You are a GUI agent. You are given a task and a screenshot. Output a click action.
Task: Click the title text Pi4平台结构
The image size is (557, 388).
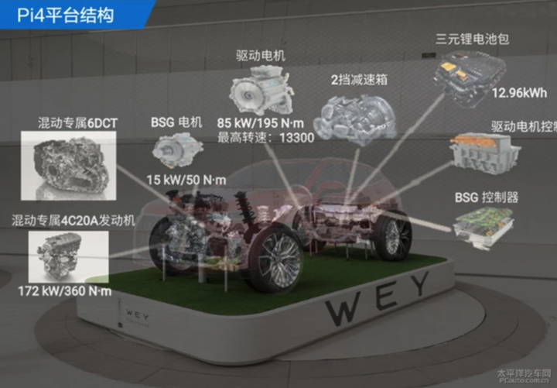coord(65,15)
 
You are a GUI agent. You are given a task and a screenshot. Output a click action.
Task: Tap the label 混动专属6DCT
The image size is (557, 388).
coord(78,123)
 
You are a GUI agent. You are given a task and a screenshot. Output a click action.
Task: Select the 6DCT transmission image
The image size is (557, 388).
coord(69,166)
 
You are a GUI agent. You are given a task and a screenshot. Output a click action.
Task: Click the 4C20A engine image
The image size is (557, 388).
coord(69,257)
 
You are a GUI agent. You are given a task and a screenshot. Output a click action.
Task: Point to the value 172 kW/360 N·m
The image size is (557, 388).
coord(65,291)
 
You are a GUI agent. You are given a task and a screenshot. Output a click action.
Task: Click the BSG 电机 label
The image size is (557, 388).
coord(176,122)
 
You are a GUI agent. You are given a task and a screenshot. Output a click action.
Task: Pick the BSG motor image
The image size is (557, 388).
coord(178,150)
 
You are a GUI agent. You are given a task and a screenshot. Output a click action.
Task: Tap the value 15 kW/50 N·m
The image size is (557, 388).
coord(186,180)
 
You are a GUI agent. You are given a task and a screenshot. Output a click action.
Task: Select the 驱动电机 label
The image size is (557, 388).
coord(261,56)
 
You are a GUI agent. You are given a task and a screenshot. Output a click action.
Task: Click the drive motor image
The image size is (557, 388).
coord(262,90)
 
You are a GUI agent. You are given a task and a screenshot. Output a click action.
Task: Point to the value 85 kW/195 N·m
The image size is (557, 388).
coord(261,123)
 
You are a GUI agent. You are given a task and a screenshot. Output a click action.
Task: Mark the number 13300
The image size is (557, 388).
coord(297,138)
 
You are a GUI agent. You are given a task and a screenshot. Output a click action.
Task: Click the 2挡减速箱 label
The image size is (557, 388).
coord(359,79)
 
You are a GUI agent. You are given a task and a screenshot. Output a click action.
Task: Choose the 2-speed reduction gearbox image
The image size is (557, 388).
coord(355,119)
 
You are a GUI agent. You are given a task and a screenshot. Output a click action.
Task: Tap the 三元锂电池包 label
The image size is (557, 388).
coord(473,39)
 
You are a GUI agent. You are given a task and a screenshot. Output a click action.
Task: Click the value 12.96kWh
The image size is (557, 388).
coord(519,93)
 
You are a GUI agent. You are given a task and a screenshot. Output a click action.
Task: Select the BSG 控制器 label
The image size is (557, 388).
coord(487,197)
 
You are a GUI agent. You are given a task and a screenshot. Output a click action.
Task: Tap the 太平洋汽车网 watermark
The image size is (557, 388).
coord(524,373)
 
